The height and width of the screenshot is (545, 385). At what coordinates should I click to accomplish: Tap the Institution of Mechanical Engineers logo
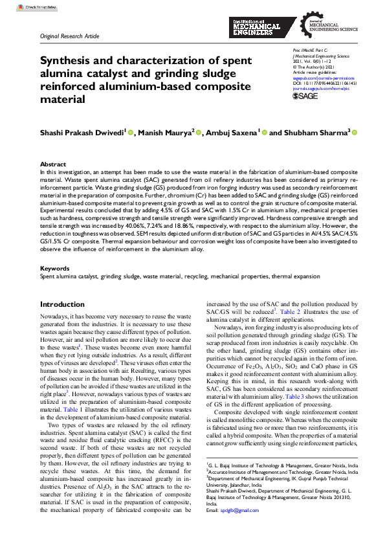pos(256,27)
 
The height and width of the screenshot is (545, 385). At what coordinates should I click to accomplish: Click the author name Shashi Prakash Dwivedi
pos(82,133)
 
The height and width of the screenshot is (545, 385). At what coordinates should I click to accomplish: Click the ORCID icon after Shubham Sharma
pos(354,133)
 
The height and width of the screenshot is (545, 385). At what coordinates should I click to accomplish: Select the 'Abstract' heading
pos(52,164)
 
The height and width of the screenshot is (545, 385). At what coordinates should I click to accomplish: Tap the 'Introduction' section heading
pos(62,304)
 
